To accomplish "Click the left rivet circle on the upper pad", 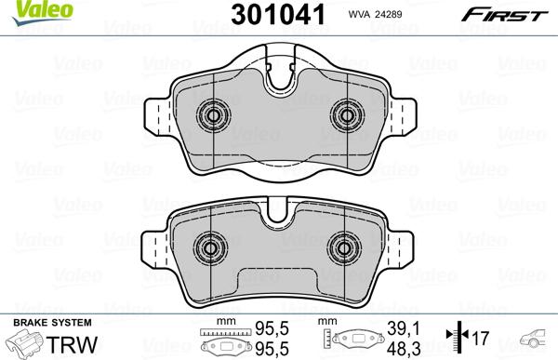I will pos(213,116).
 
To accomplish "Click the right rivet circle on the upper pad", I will pos(348,116).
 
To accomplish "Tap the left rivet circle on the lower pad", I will pos(210,248).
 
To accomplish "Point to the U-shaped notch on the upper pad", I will pos(280,80).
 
